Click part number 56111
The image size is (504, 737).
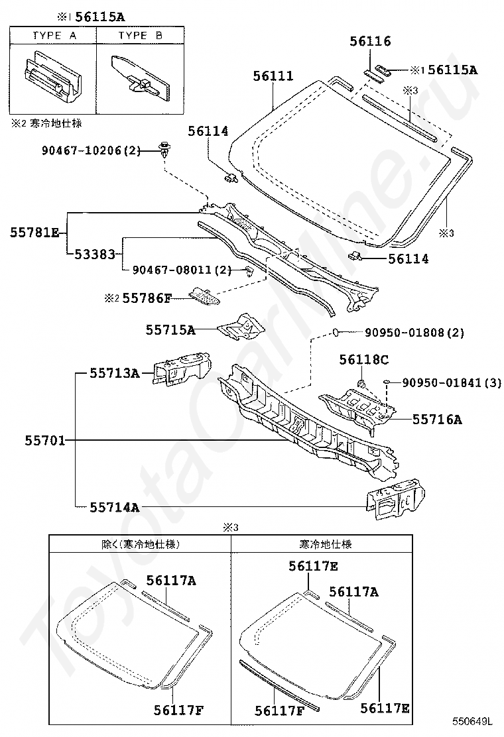coord(273,76)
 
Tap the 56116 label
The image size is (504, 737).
coord(370,41)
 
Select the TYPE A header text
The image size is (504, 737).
coord(54,36)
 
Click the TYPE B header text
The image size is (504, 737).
coord(140,36)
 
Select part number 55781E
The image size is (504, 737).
coord(34,232)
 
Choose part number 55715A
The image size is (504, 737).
coord(171,329)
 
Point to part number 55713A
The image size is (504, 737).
coord(115,374)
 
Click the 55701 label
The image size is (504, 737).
coord(45,440)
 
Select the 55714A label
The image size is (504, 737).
coord(115,508)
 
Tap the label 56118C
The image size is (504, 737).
coord(363,359)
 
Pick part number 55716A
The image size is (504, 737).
coord(437,419)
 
